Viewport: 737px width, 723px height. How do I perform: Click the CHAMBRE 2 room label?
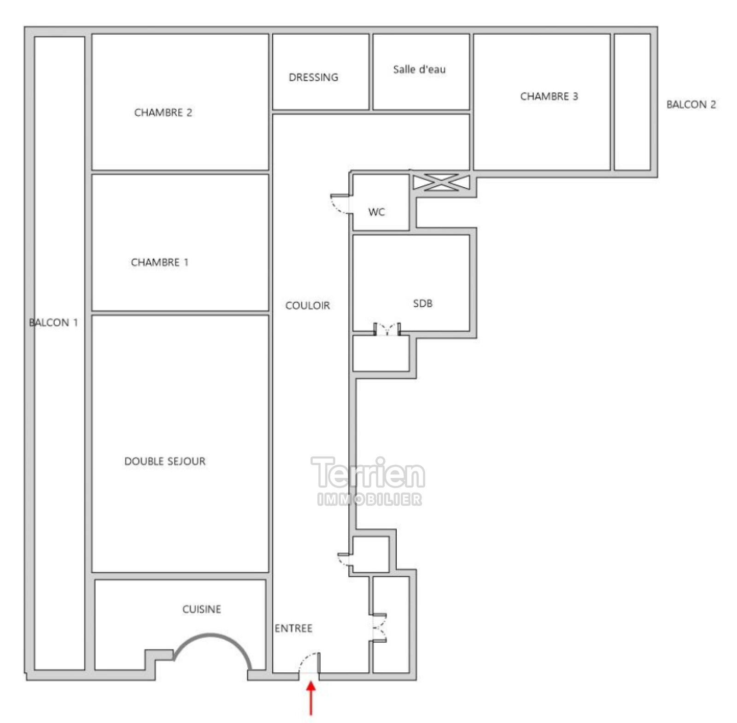tap(163, 113)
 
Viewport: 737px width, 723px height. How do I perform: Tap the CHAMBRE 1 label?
tap(159, 262)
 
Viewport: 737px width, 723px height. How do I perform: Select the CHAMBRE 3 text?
tap(549, 96)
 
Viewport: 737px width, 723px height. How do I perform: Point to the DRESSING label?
tap(313, 77)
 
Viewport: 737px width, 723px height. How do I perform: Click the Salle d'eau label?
tap(419, 69)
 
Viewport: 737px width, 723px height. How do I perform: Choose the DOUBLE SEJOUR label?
tap(165, 461)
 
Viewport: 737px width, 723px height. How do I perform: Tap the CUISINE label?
tap(202, 609)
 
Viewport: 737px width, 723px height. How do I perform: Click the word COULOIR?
tap(308, 305)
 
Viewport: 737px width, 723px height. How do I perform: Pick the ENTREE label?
tap(293, 628)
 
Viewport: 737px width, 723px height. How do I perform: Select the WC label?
tap(376, 212)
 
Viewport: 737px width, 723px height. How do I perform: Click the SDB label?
tap(422, 303)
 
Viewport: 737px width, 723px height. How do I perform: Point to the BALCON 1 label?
tap(53, 322)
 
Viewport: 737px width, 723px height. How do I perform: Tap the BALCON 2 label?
tap(691, 105)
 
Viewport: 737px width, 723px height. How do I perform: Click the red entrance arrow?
tap(311, 698)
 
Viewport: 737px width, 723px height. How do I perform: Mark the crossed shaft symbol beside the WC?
tap(441, 182)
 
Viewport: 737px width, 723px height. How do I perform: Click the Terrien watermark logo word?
tap(368, 473)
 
